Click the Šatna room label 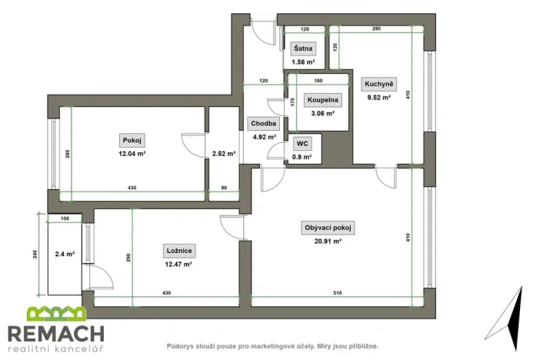click(302, 48)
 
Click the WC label click(302, 143)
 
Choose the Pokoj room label click(132, 140)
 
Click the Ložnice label click(178, 250)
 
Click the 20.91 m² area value click(329, 242)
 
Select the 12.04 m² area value click(132, 153)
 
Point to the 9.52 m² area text click(378, 98)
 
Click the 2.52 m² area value click(223, 153)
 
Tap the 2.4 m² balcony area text click(64, 253)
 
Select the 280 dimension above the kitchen click(376, 28)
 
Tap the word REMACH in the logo click(55, 334)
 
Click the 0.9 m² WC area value click(302, 157)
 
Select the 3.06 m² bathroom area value click(321, 113)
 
